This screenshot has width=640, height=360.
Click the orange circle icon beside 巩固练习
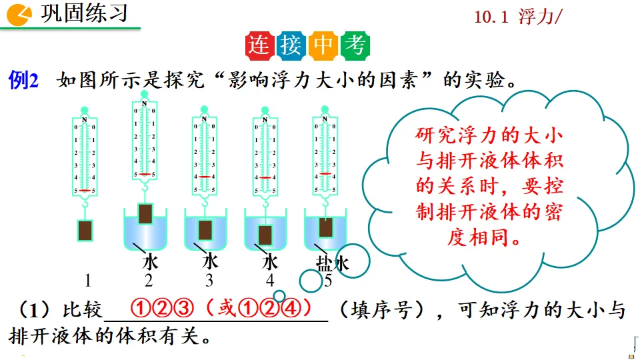21,13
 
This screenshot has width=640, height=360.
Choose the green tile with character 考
354,45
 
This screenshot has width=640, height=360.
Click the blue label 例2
24,81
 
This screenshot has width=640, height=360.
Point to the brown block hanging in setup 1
85,230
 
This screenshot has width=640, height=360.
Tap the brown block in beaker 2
146,214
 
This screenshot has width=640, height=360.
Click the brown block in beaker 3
205,230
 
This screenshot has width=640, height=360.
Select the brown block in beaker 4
265,234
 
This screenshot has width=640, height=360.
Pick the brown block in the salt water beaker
325,227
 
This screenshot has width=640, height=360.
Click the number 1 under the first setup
87,279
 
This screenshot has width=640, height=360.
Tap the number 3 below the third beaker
209,280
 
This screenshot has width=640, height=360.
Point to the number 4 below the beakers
269,280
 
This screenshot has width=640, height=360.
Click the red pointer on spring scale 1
85,191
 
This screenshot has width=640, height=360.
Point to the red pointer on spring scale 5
325,173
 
